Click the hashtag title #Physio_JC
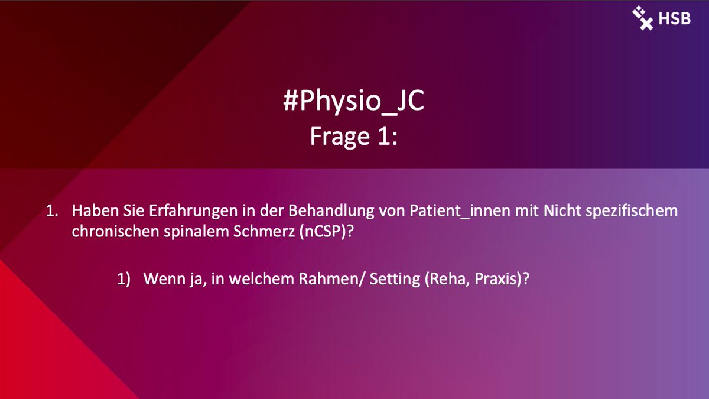[354, 102]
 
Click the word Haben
[92, 211]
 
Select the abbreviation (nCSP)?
[319, 232]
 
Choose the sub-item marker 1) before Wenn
[123, 279]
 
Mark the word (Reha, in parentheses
[445, 279]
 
